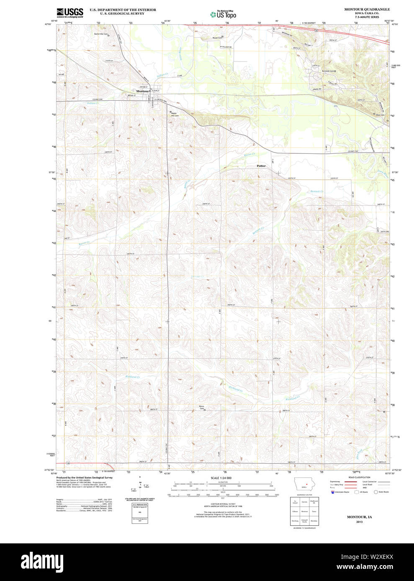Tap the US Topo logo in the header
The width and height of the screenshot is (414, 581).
(223, 14)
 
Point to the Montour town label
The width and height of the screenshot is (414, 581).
(142, 91)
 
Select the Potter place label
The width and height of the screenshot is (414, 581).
(261, 166)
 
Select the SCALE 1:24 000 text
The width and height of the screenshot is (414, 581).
(221, 478)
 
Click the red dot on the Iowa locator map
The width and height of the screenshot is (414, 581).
(307, 485)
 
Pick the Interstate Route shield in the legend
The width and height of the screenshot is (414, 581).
(332, 492)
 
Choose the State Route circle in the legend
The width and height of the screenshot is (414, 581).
(375, 492)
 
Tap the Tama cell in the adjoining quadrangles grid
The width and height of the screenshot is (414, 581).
(314, 511)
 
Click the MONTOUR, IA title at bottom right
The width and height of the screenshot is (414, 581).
(359, 517)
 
